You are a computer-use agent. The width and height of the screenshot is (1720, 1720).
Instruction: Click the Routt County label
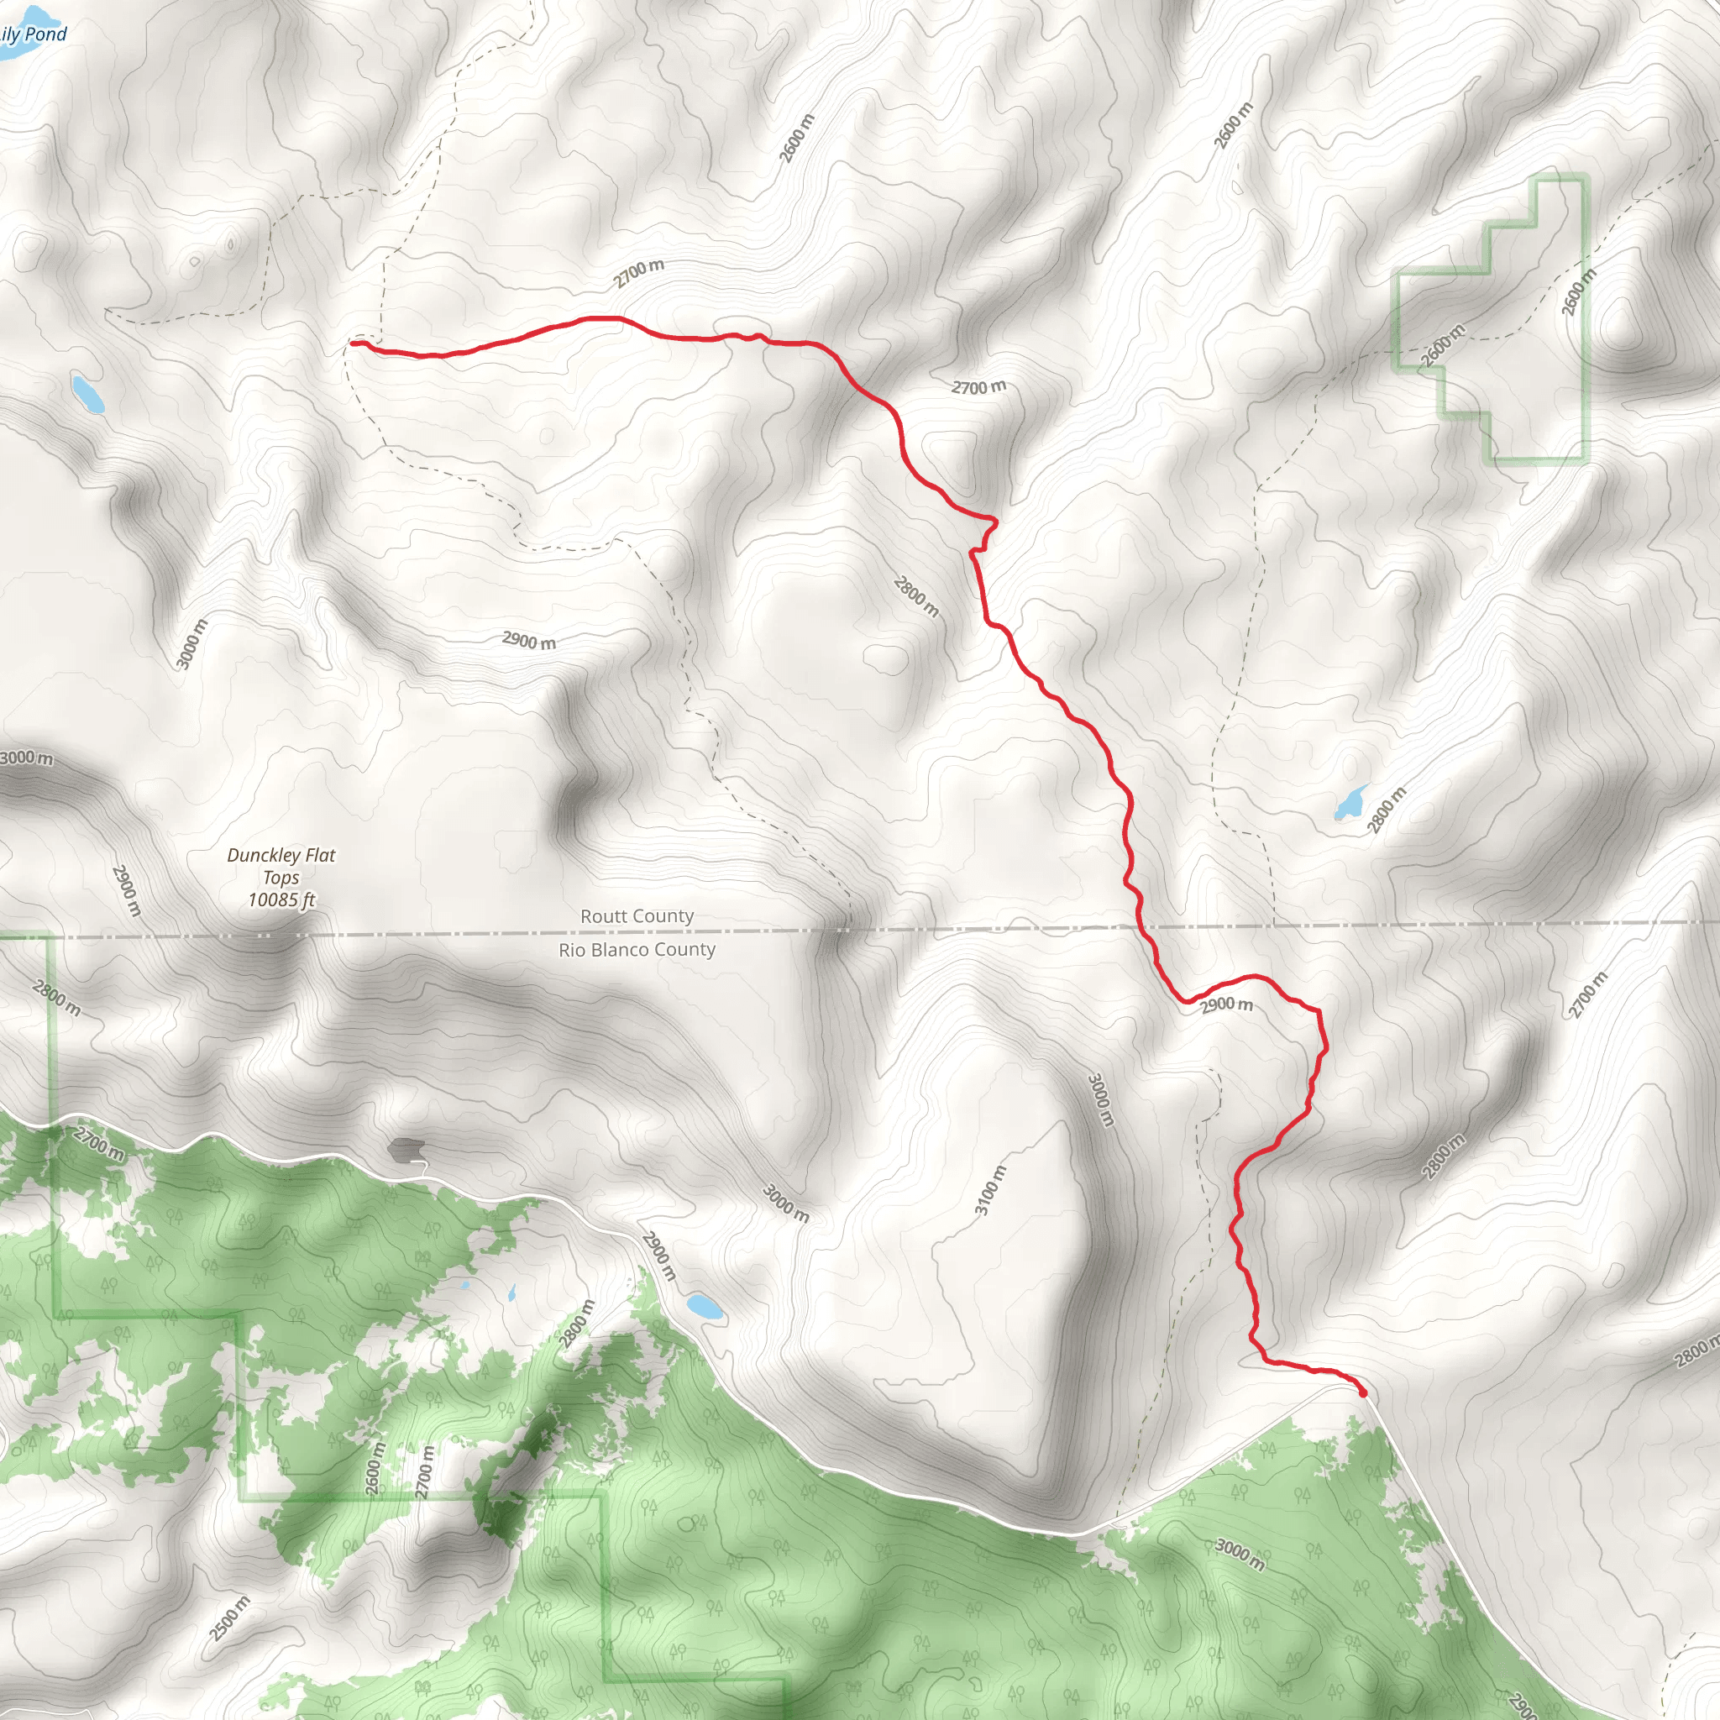pyautogui.click(x=637, y=916)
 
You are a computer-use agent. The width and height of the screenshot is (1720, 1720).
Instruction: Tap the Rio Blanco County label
pyautogui.click(x=637, y=950)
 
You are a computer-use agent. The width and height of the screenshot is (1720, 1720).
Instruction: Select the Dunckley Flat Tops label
pyautogui.click(x=281, y=865)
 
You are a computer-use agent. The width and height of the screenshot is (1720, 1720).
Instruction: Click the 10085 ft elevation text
pyautogui.click(x=281, y=900)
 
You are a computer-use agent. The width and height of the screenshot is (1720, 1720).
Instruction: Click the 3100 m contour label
pyautogui.click(x=990, y=1189)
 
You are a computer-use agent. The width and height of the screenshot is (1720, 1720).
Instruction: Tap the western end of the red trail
pyautogui.click(x=354, y=343)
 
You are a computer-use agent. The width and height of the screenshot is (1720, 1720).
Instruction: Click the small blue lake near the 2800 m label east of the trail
pyautogui.click(x=1350, y=802)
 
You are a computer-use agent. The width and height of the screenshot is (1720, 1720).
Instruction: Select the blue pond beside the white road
pyautogui.click(x=705, y=1307)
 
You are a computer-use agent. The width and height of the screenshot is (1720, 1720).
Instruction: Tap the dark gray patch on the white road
pyautogui.click(x=405, y=1150)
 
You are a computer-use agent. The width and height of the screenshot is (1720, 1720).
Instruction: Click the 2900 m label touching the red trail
pyautogui.click(x=1227, y=1005)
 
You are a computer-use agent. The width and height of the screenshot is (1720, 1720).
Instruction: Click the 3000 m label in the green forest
pyautogui.click(x=1240, y=1554)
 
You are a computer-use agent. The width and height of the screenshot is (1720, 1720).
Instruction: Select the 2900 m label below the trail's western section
pyautogui.click(x=529, y=640)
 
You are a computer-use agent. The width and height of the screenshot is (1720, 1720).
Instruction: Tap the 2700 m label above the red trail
pyautogui.click(x=638, y=273)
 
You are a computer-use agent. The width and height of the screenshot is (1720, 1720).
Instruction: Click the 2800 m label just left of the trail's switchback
pyautogui.click(x=916, y=596)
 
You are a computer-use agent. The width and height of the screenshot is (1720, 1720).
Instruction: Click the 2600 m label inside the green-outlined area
pyautogui.click(x=1441, y=345)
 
